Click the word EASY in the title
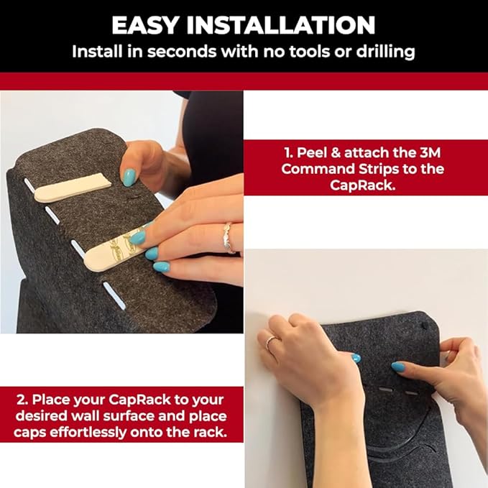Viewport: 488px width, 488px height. pos(145,25)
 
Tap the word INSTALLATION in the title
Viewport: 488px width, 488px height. pos(281,25)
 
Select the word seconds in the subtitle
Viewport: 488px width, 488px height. pos(182,52)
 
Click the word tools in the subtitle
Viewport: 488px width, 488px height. pos(309,52)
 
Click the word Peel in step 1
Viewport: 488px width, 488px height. pos(312,153)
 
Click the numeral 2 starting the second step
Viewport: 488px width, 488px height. pos(21,400)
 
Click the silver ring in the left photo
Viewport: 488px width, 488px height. pos(229,238)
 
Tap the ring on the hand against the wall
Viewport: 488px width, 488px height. pos(270,342)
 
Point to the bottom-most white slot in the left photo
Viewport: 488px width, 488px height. pos(114,295)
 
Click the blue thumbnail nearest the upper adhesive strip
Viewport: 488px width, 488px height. pos(129,177)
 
